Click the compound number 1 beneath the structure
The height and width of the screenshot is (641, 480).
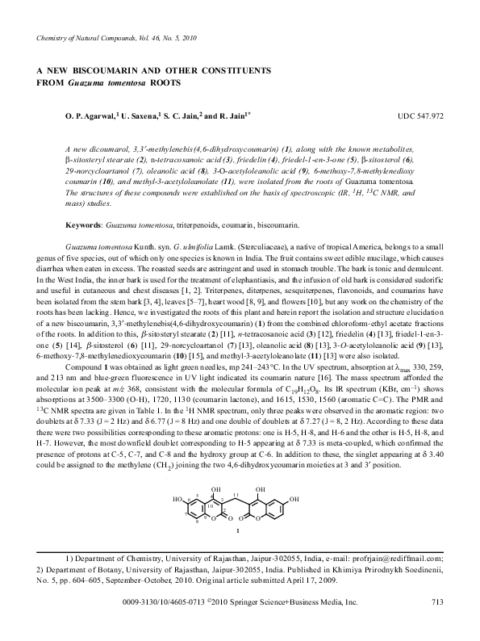point(235,532)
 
